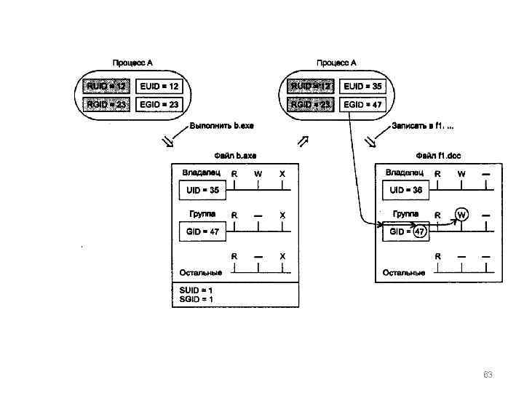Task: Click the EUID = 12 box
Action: (x=159, y=86)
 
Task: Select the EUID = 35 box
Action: (x=362, y=86)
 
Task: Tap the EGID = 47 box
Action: (x=362, y=105)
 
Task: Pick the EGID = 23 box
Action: (x=159, y=105)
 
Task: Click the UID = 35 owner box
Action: (x=202, y=191)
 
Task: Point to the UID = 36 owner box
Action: (x=406, y=191)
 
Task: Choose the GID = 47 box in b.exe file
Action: (x=202, y=231)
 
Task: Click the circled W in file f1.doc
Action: (x=462, y=215)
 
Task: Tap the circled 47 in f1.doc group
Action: (x=420, y=232)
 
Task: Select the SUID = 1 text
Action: (x=196, y=290)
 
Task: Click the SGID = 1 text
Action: (x=196, y=299)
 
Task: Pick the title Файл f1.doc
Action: (x=438, y=155)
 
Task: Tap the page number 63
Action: (x=488, y=375)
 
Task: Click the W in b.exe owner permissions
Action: (x=258, y=174)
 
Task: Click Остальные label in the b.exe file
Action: (x=201, y=273)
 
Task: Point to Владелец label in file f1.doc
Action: (x=405, y=172)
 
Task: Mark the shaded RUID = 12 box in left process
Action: (x=106, y=86)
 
